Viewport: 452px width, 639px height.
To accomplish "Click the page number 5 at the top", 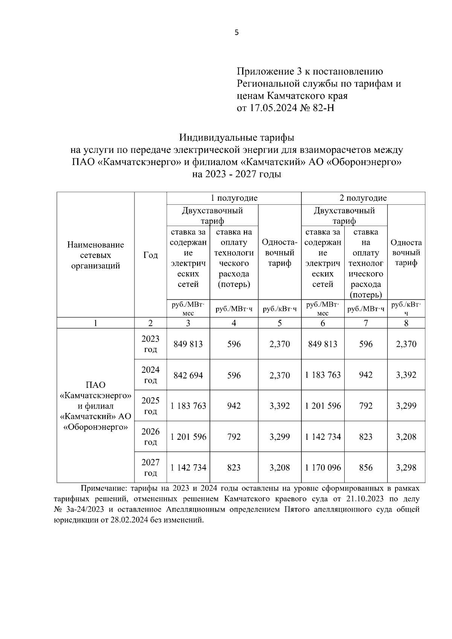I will pos(237,33).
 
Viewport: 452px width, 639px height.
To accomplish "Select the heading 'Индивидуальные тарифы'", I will pos(237,137).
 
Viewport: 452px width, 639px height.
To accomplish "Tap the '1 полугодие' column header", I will pos(234,198).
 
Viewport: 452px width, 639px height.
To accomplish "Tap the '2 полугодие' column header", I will pos(363,198).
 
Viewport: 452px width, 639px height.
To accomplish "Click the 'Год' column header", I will pos(150,255).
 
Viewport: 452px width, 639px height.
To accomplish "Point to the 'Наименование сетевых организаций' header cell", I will pos(95,255).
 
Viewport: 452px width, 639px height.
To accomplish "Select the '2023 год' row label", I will pos(150,344).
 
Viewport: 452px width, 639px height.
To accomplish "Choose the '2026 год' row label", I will pos(150,436).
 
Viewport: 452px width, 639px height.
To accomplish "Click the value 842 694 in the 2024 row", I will pos(188,375).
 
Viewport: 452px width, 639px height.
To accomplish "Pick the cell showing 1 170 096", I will pos(323,468).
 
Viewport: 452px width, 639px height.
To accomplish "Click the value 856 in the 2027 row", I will pos(366,468).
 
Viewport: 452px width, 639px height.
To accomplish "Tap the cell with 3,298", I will pos(406,468).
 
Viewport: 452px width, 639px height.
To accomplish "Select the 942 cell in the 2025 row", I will pos(234,406).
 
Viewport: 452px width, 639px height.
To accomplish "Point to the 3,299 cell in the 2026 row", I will pos(279,437).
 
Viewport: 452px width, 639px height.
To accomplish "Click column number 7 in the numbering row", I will pos(366,323).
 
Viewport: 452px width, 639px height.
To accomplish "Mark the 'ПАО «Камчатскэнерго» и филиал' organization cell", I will pos(95,406).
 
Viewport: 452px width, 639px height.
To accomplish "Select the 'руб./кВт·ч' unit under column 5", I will pos(279,310).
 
